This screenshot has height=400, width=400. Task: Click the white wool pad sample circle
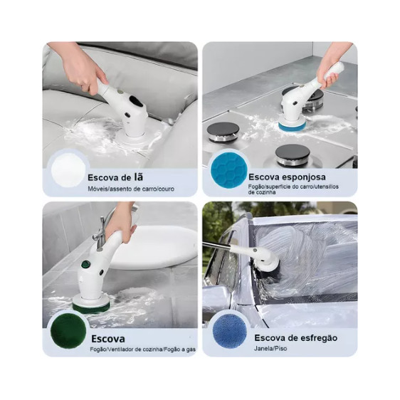pos(68,169)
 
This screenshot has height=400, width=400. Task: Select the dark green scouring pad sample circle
pos(68,330)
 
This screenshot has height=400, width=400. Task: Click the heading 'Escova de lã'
pos(115,177)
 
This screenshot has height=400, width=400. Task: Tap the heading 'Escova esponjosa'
pos(287,177)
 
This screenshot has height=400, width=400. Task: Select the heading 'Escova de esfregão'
pos(295,338)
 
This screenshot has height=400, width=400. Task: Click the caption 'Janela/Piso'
pos(270,348)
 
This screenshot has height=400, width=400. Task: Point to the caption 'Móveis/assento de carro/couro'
pos(131,189)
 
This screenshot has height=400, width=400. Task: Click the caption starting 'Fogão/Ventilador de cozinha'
pos(143,349)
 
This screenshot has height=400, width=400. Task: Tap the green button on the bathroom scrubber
pos(85,264)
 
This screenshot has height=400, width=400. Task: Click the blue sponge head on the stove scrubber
pos(292,125)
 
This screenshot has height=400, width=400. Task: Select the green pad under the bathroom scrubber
pos(91,307)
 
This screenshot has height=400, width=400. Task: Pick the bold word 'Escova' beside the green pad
pos(108,339)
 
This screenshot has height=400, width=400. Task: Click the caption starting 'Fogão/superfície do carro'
pos(294,189)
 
